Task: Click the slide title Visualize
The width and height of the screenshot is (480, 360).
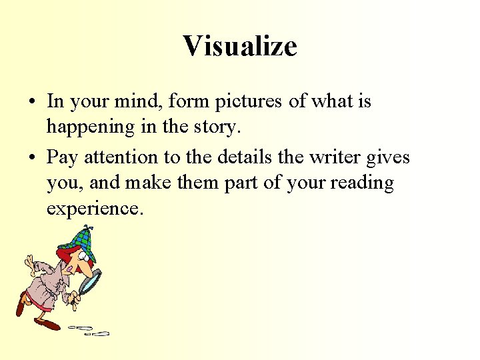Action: click(240, 46)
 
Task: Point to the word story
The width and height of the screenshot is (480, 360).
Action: click(213, 127)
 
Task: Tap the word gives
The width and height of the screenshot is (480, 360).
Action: click(391, 158)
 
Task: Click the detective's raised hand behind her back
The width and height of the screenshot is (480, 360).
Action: click(29, 265)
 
